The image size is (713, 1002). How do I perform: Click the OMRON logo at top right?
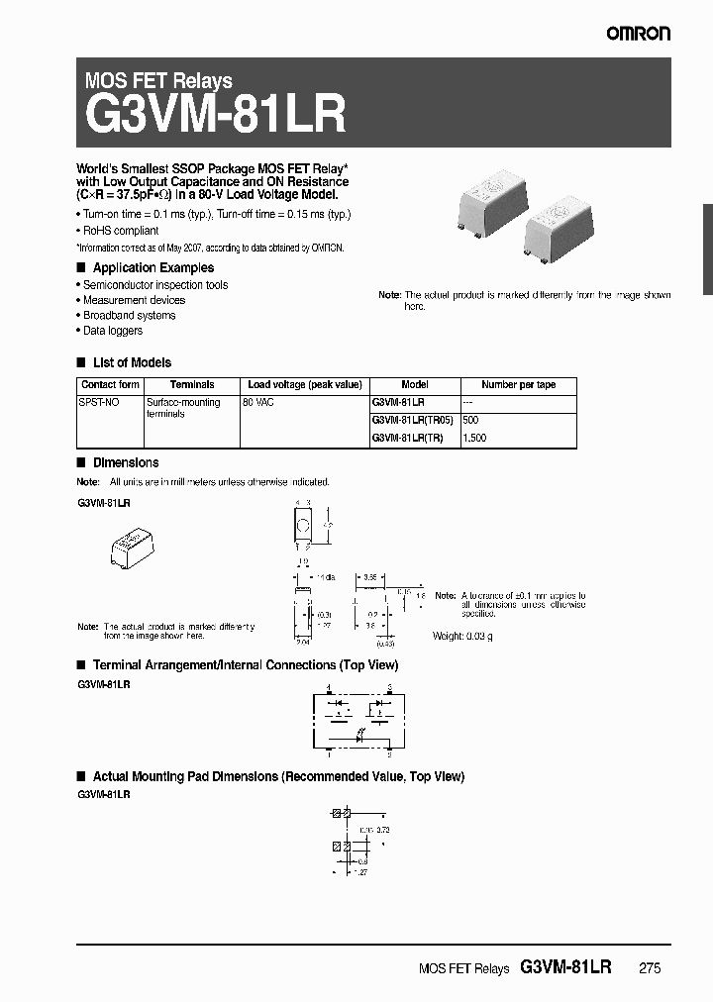click(x=639, y=34)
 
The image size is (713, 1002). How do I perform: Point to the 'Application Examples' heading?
click(x=153, y=268)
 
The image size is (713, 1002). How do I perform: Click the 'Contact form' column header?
click(x=110, y=385)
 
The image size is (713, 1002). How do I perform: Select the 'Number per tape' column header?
click(x=518, y=385)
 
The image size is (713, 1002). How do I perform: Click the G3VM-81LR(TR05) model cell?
click(x=412, y=420)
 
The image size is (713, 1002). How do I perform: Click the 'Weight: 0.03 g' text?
click(x=462, y=635)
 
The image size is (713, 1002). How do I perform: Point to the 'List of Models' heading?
click(x=132, y=363)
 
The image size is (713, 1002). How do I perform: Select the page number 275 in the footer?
click(x=650, y=969)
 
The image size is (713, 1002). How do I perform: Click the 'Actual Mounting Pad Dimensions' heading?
click(x=277, y=777)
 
